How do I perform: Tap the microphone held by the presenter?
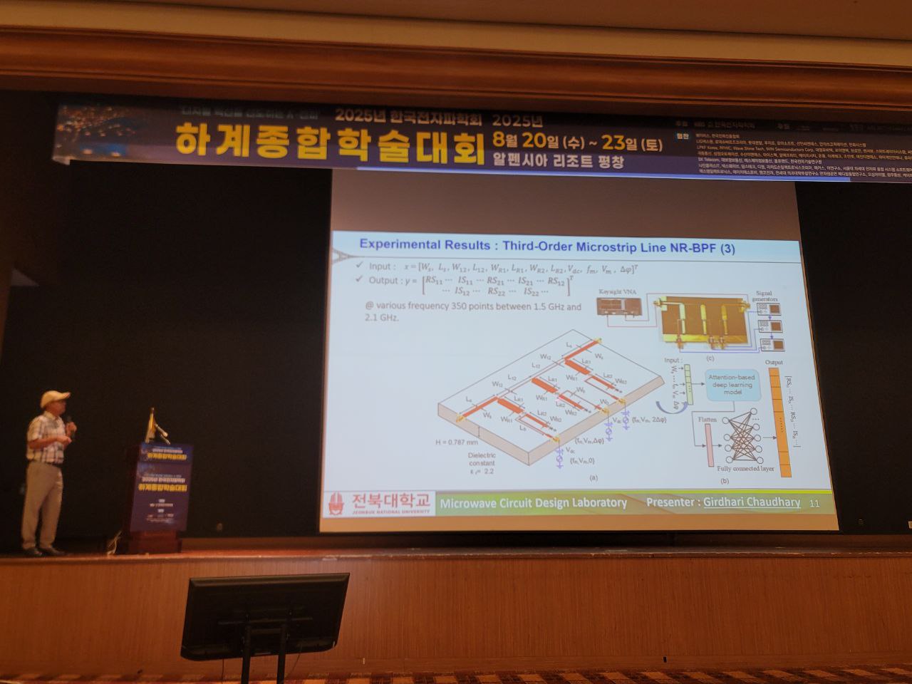71,425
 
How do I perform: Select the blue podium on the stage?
160,492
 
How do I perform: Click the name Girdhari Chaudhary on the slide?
752,502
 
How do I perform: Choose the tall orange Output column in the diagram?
783,420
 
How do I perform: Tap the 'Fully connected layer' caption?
746,470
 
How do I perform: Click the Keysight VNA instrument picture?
619,306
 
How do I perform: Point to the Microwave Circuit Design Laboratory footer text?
533,503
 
